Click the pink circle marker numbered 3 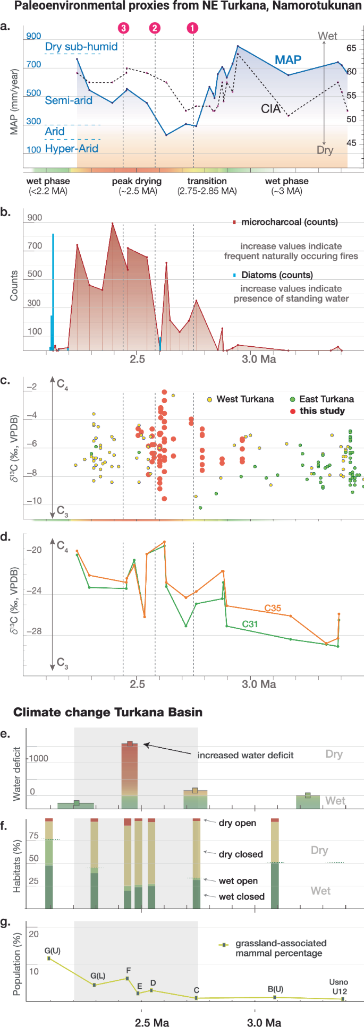coord(123,28)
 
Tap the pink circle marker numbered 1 coord(193,28)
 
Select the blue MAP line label coord(288,60)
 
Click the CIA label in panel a coord(270,109)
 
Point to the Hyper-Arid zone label coord(71,149)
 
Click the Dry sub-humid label coord(81,46)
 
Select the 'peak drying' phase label coord(137,181)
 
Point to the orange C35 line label coord(273,608)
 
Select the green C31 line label coord(250,624)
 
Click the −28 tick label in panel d coord(34,631)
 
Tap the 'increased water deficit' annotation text coord(245,755)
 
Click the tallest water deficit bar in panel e coord(130,775)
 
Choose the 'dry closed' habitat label coord(240,854)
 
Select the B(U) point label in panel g coord(275,989)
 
